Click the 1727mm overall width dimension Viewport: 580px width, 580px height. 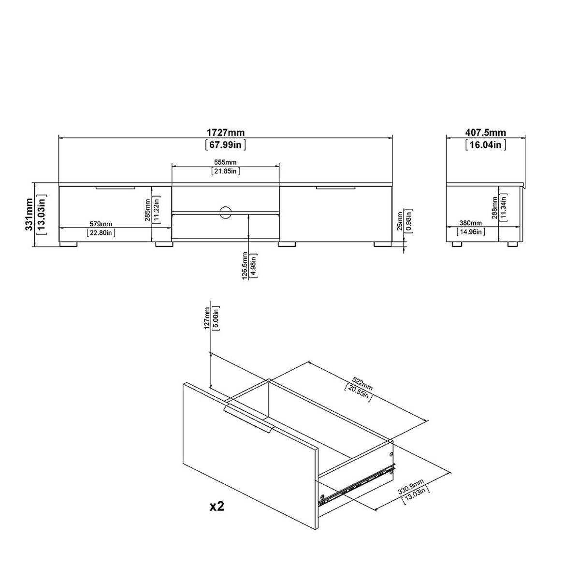coord(225,132)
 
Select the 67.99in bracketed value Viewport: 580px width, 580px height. coord(225,145)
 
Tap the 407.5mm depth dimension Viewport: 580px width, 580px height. coord(485,132)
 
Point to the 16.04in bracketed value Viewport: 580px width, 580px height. coord(485,145)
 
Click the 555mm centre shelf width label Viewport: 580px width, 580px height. coord(225,162)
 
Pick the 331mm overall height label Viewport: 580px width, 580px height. coord(29,214)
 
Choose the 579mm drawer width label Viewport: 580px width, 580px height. coord(101,224)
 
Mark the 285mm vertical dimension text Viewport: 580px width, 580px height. coord(147,210)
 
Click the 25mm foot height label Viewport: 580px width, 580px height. coord(400,221)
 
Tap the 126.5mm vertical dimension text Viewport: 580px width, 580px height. coord(245,266)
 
